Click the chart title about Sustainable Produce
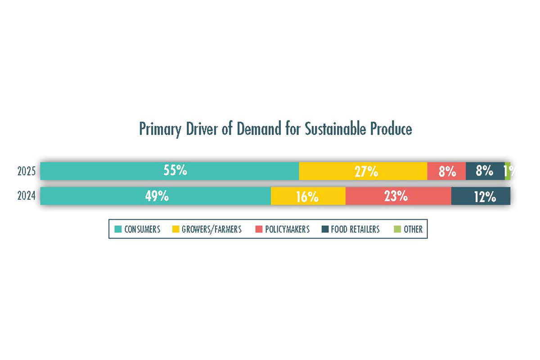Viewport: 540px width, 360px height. point(275,129)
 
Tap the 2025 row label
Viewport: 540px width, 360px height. point(27,171)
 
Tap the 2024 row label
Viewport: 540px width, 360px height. point(27,196)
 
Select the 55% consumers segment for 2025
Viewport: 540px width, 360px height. point(170,171)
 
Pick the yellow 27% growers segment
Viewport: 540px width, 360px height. point(363,171)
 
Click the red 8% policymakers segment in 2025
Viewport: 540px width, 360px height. point(446,171)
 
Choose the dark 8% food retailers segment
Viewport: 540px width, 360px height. point(485,171)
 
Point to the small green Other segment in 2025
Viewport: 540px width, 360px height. point(508,171)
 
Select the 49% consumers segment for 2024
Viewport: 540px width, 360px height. point(155,196)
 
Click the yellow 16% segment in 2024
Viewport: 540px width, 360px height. point(308,196)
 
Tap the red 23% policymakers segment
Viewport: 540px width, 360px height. point(398,196)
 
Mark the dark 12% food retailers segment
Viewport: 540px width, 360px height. point(481,196)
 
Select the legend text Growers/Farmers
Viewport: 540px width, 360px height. point(211,229)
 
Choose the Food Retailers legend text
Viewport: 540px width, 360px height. point(355,229)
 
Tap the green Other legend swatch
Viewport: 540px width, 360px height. point(397,229)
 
